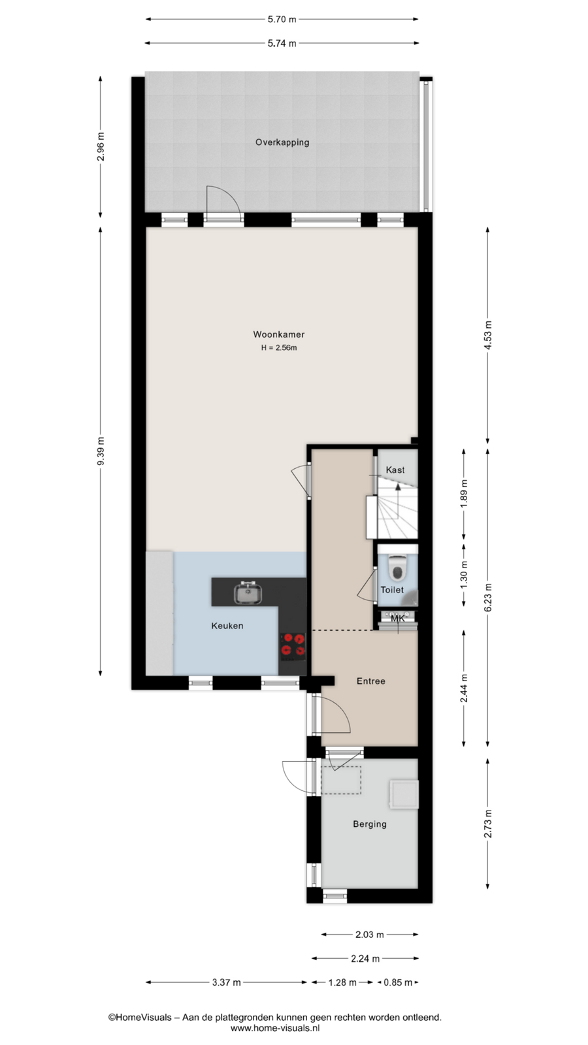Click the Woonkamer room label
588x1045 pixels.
278,334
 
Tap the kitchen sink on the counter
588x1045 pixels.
248,593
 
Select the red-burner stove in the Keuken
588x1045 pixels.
293,646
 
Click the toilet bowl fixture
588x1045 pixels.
398,567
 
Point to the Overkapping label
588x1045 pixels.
282,142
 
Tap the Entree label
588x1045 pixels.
371,681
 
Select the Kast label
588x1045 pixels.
395,470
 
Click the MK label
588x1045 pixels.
398,619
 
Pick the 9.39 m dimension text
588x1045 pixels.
101,451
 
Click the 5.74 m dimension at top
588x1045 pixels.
282,43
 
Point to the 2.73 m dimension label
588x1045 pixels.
487,824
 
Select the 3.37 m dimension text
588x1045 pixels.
226,982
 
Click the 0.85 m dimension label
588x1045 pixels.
398,982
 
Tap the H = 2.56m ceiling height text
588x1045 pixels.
279,347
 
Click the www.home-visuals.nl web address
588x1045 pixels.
275,1028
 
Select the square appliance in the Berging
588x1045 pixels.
404,794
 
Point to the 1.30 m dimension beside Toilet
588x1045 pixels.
464,575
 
